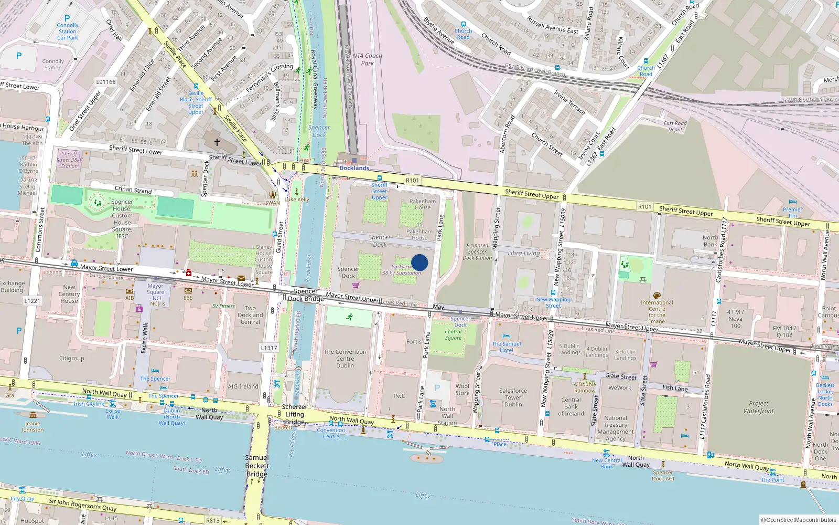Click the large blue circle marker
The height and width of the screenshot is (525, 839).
[x=419, y=262]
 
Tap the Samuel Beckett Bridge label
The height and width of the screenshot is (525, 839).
[x=257, y=466]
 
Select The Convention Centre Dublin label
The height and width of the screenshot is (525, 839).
[x=345, y=359]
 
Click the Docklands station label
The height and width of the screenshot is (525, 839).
[x=354, y=168]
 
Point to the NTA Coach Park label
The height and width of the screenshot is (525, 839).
[x=367, y=59]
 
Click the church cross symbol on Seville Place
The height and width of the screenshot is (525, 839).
[x=217, y=142]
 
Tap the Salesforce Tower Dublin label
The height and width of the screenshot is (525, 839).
[x=513, y=397]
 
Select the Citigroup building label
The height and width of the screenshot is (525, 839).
[x=72, y=359]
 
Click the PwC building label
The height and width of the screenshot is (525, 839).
[x=399, y=396]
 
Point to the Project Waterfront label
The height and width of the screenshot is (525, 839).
[x=758, y=407]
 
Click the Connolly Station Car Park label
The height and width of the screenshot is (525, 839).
[x=68, y=31]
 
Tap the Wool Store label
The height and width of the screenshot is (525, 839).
[x=462, y=390]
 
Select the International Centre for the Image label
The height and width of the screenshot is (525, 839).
[x=657, y=312]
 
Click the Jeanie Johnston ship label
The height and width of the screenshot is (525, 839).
[x=33, y=426]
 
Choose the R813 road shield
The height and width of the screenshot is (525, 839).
[x=213, y=520]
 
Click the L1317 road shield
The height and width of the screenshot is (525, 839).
[x=269, y=348]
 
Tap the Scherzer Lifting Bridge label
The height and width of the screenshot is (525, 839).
[x=295, y=414]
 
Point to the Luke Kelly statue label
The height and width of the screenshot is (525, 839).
[x=297, y=199]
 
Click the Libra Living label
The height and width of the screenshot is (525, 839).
[x=523, y=253]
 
